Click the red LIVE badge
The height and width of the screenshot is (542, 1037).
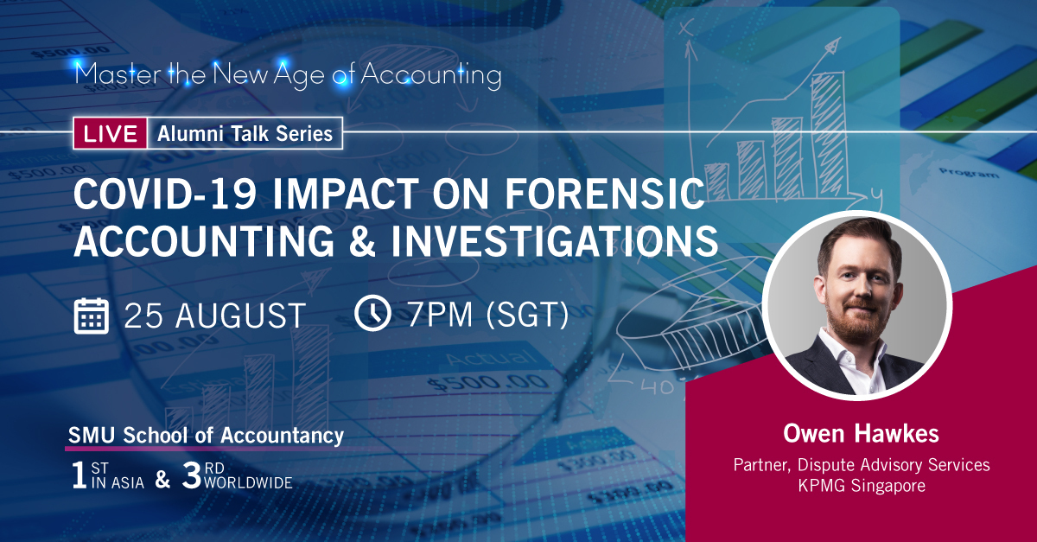[111, 133]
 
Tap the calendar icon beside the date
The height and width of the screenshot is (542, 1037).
[92, 316]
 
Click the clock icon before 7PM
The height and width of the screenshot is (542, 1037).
[372, 313]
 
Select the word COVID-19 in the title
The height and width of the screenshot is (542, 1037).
[165, 194]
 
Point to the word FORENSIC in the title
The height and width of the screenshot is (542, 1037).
[605, 194]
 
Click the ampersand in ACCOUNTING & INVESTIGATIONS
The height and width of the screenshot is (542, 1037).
[362, 241]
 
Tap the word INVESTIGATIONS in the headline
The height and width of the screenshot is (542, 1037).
[554, 241]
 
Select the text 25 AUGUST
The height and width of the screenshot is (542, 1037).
[214, 316]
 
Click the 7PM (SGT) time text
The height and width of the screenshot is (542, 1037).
[488, 315]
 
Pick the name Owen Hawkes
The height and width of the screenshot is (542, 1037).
[861, 434]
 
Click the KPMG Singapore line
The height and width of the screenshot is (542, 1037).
[862, 486]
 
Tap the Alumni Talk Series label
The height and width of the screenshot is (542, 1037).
[245, 134]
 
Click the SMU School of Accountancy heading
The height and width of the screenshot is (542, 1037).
[206, 436]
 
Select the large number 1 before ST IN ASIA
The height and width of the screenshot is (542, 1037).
[80, 475]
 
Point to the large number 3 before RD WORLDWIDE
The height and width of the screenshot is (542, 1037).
[191, 475]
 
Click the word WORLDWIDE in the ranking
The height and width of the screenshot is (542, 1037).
[248, 483]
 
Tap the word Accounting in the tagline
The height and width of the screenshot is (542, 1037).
[431, 75]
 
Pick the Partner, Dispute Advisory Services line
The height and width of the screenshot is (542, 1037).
[862, 465]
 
